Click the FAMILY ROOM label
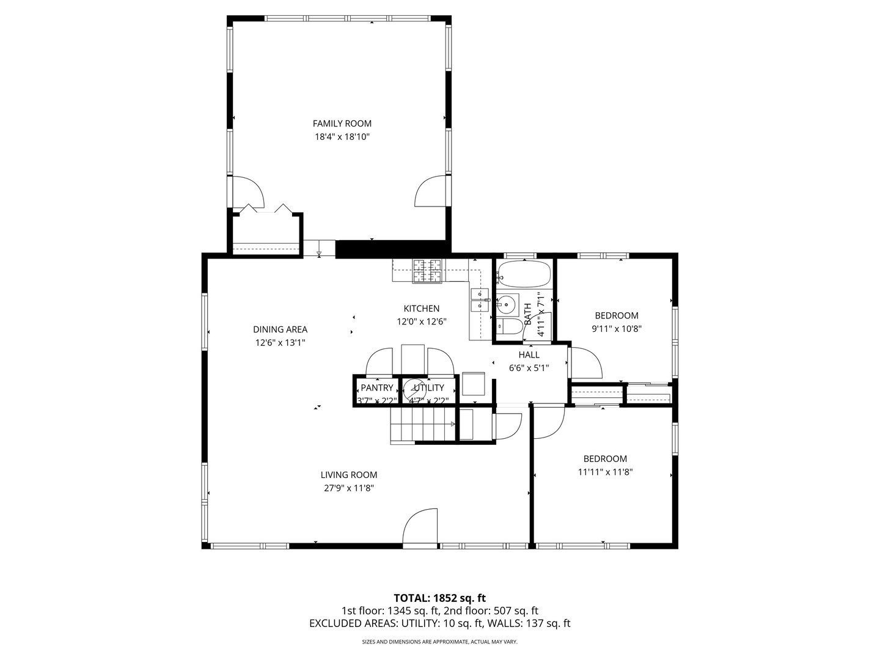point(342,123)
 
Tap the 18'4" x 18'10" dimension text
point(342,137)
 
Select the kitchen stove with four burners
point(428,271)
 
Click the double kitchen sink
point(478,299)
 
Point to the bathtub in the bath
point(524,274)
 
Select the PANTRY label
point(376,387)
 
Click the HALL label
point(529,354)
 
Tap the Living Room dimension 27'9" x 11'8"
point(348,488)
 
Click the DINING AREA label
point(280,329)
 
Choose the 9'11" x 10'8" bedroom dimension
point(617,328)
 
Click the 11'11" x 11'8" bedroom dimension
point(604,472)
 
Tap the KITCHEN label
point(421,309)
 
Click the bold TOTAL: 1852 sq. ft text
point(439,598)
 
